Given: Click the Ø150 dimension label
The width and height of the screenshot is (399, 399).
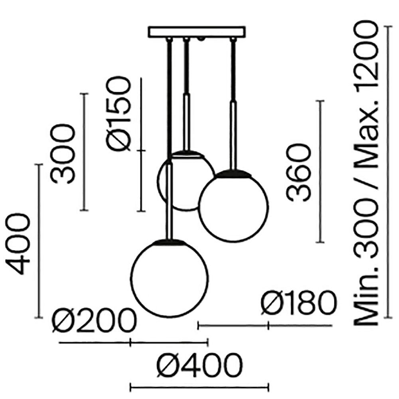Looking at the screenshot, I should coord(119,115).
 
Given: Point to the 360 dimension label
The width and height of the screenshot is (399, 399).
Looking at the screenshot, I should coord(298,172).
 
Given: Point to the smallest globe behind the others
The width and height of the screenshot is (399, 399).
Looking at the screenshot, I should coord(184,182).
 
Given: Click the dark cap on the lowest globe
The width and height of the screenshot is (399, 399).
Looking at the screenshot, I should coord(170,241).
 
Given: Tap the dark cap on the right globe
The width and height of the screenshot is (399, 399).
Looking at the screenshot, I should coord(233,172).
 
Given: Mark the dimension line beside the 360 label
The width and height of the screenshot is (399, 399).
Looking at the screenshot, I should coord(320,172).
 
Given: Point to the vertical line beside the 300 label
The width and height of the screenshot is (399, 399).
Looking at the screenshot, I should coord(83,152).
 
